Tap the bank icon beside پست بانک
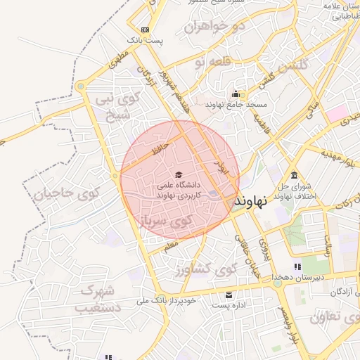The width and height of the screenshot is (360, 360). [145, 30]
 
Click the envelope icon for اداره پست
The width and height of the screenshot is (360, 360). [229, 295]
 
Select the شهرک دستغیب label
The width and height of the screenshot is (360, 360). [98, 299]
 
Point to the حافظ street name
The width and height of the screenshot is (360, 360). [162, 148]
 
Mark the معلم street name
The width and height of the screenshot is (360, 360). [171, 245]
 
